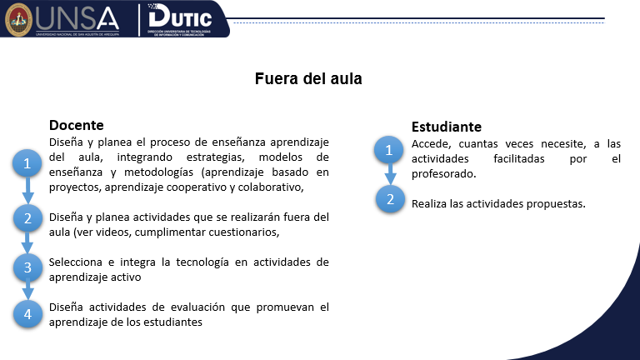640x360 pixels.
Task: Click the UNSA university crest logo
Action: [x=17, y=19]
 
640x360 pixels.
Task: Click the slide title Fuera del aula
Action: [x=308, y=79]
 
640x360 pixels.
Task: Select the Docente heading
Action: [x=76, y=125]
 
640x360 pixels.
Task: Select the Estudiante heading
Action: [x=447, y=127]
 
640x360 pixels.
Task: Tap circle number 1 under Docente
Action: [x=27, y=164]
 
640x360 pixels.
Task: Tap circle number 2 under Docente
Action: [x=27, y=219]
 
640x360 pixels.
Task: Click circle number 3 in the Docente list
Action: [x=27, y=267]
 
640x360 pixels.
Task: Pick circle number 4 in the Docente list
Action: [x=27, y=313]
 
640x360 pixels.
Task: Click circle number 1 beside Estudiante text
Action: [x=388, y=151]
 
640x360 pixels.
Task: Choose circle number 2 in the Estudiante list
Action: [x=388, y=198]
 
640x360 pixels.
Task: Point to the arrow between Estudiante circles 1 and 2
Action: [x=388, y=176]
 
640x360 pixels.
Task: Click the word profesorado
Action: [x=442, y=173]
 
